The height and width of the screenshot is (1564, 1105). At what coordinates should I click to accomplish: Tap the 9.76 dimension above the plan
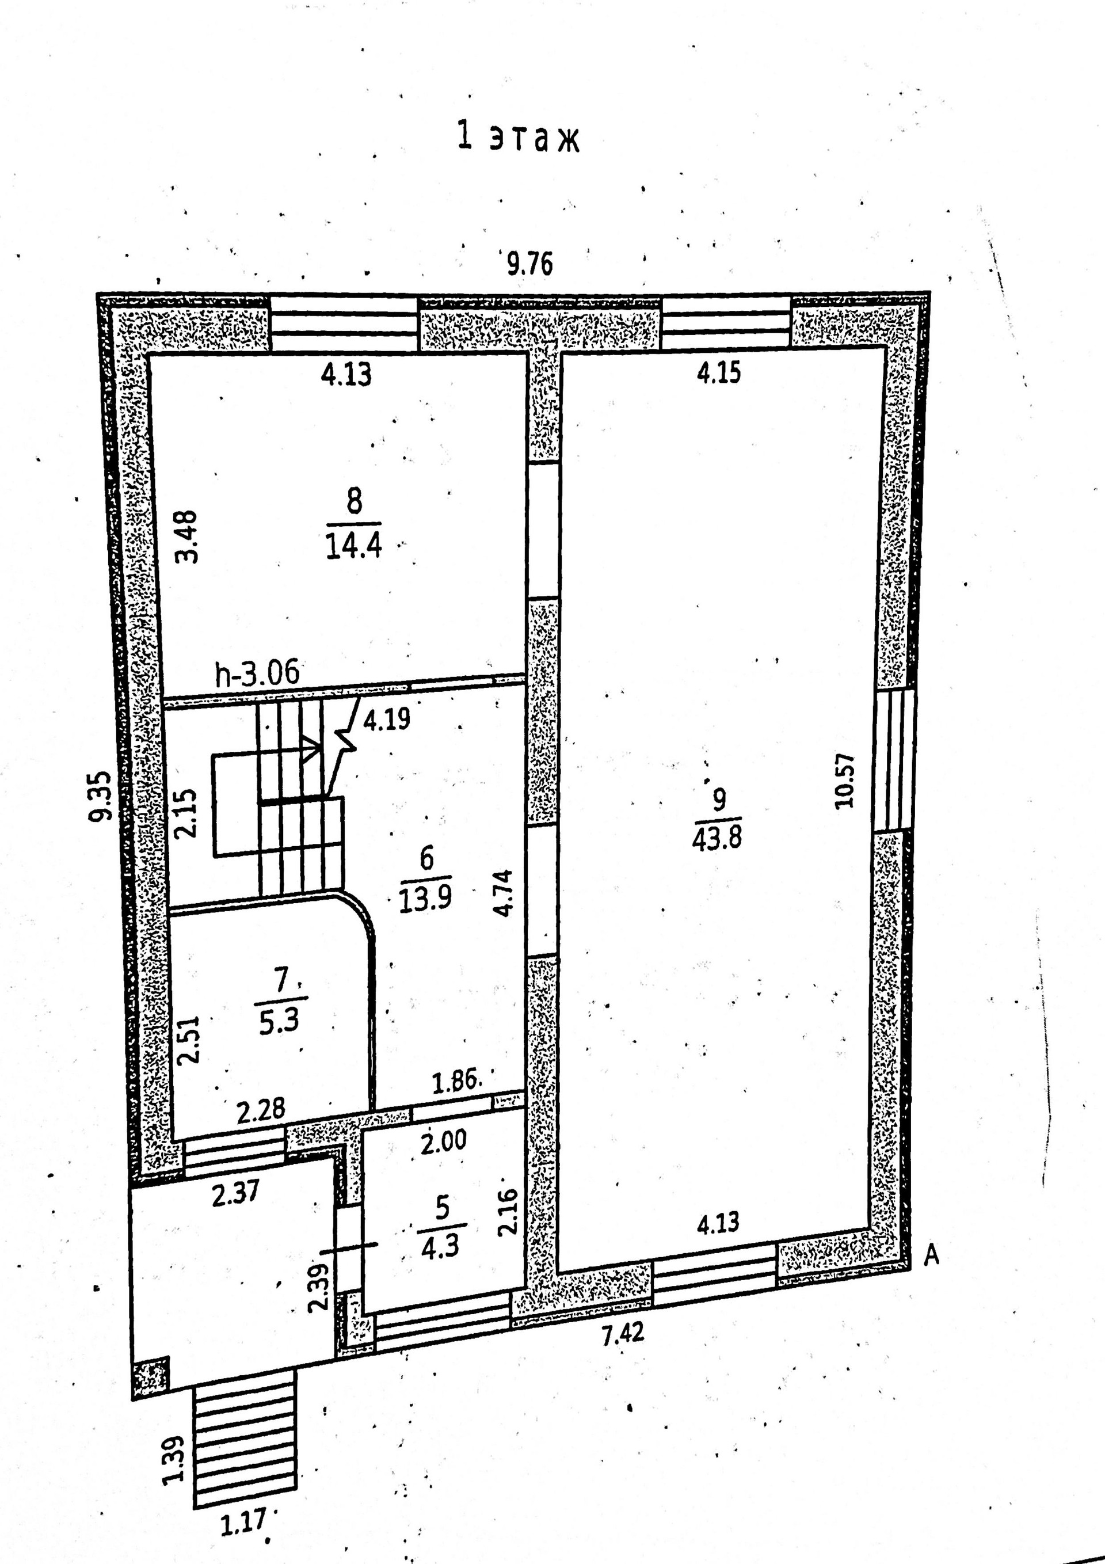[x=529, y=264]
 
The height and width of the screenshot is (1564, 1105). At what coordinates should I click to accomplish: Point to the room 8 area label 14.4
[x=353, y=546]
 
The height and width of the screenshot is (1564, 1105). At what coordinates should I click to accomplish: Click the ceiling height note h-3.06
[x=257, y=673]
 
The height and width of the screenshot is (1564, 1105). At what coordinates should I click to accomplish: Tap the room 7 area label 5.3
[x=279, y=1022]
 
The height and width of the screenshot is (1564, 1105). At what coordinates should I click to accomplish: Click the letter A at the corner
[x=931, y=1255]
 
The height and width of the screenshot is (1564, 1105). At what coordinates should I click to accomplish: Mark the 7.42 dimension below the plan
[x=623, y=1333]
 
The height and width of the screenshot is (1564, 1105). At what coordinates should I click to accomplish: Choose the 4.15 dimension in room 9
[x=719, y=373]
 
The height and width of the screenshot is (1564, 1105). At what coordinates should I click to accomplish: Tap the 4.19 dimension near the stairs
[x=386, y=720]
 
